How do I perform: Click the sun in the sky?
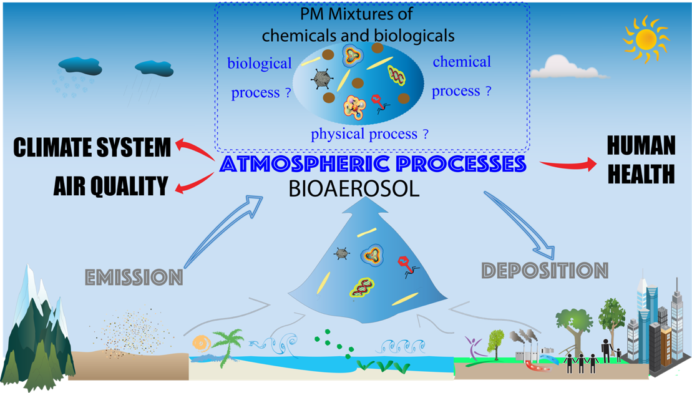click(646, 39)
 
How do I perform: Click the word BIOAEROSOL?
click(354, 189)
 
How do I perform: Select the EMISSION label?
click(134, 278)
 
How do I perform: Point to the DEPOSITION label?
click(545, 270)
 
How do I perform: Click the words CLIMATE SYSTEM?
click(92, 147)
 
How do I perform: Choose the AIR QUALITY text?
click(111, 186)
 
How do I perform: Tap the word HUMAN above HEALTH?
click(641, 145)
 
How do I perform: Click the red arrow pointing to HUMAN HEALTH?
click(568, 165)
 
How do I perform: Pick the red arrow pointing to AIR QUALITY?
click(193, 183)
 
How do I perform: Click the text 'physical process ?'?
click(369, 133)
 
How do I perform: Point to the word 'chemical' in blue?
click(462, 62)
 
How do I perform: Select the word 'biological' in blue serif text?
click(260, 64)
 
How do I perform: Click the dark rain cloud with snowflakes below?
click(80, 65)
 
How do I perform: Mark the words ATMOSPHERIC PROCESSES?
click(373, 164)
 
